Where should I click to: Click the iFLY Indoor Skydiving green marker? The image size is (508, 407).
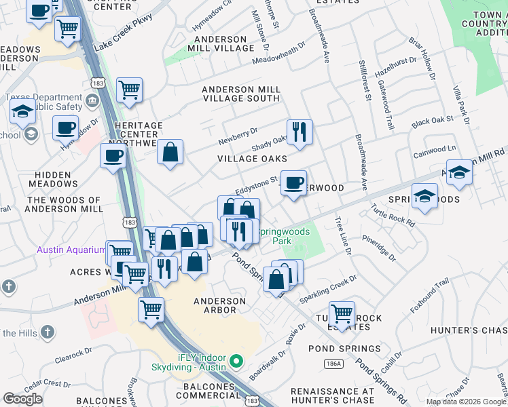(236, 360)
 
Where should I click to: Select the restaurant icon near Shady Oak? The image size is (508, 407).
(299, 131)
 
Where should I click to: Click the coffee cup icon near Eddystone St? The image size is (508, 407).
(293, 182)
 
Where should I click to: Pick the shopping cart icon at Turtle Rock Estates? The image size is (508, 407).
(342, 313)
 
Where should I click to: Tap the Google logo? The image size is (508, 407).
(22, 398)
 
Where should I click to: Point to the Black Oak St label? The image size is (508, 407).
(432, 121)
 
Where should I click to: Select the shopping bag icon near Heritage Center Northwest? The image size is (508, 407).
(170, 152)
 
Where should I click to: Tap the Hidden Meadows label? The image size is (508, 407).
(53, 178)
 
